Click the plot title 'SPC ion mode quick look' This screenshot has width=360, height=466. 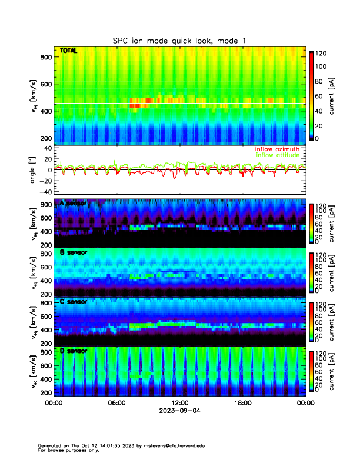[x=179, y=41]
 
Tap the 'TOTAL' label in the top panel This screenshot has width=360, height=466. [x=69, y=52]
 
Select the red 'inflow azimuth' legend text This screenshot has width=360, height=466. [x=276, y=149]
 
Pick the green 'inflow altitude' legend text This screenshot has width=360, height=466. [x=276, y=155]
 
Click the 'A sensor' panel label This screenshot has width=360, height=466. [x=73, y=203]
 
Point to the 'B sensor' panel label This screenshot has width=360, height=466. [x=73, y=252]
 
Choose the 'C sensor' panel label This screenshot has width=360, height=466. [x=73, y=302]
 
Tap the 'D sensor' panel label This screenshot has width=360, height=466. [x=73, y=351]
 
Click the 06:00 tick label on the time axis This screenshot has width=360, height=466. [x=116, y=403]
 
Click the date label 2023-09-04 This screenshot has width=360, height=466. [x=179, y=411]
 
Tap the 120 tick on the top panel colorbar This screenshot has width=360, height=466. [x=321, y=54]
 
